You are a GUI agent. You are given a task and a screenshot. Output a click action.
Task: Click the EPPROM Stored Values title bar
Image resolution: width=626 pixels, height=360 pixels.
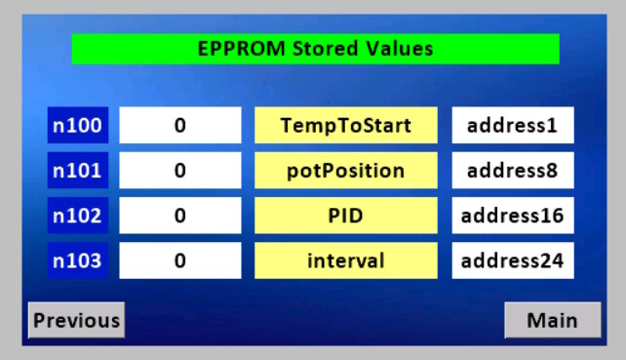(x=315, y=49)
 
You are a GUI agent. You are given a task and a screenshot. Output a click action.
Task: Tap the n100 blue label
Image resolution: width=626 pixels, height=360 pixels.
(x=77, y=126)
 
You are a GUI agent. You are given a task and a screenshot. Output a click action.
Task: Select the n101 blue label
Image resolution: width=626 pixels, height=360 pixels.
(x=77, y=171)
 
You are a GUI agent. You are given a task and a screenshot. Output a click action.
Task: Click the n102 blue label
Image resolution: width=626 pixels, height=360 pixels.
(x=77, y=216)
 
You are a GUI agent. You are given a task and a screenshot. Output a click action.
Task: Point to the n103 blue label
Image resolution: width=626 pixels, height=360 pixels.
(x=77, y=260)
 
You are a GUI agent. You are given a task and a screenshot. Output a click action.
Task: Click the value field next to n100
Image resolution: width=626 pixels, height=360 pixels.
(x=179, y=126)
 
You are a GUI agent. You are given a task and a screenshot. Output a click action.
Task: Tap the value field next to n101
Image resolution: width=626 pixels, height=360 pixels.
(x=179, y=171)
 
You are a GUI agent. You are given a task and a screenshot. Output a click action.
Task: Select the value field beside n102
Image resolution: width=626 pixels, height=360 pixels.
(x=179, y=216)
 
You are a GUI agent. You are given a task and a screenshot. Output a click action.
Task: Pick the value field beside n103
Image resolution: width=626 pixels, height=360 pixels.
(x=179, y=260)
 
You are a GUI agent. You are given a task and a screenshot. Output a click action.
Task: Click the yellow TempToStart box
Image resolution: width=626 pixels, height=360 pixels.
(x=345, y=126)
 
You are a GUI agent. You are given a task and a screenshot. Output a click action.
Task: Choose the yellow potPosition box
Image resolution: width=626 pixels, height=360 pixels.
(x=345, y=171)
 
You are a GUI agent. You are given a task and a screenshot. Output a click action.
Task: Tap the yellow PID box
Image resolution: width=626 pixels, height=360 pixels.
(x=345, y=216)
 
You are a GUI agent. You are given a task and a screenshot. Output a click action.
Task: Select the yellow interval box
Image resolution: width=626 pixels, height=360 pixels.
(x=345, y=260)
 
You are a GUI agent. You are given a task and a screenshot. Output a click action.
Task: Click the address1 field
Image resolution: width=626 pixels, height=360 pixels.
(x=512, y=126)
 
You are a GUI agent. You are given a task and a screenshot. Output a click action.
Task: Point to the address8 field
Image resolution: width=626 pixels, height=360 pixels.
(x=512, y=171)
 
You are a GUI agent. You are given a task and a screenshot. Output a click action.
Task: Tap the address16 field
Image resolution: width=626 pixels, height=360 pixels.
(x=512, y=216)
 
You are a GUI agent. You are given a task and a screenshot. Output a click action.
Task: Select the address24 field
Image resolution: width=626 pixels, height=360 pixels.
(x=512, y=260)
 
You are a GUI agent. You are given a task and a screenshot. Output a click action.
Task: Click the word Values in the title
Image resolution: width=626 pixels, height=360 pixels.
(x=401, y=49)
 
